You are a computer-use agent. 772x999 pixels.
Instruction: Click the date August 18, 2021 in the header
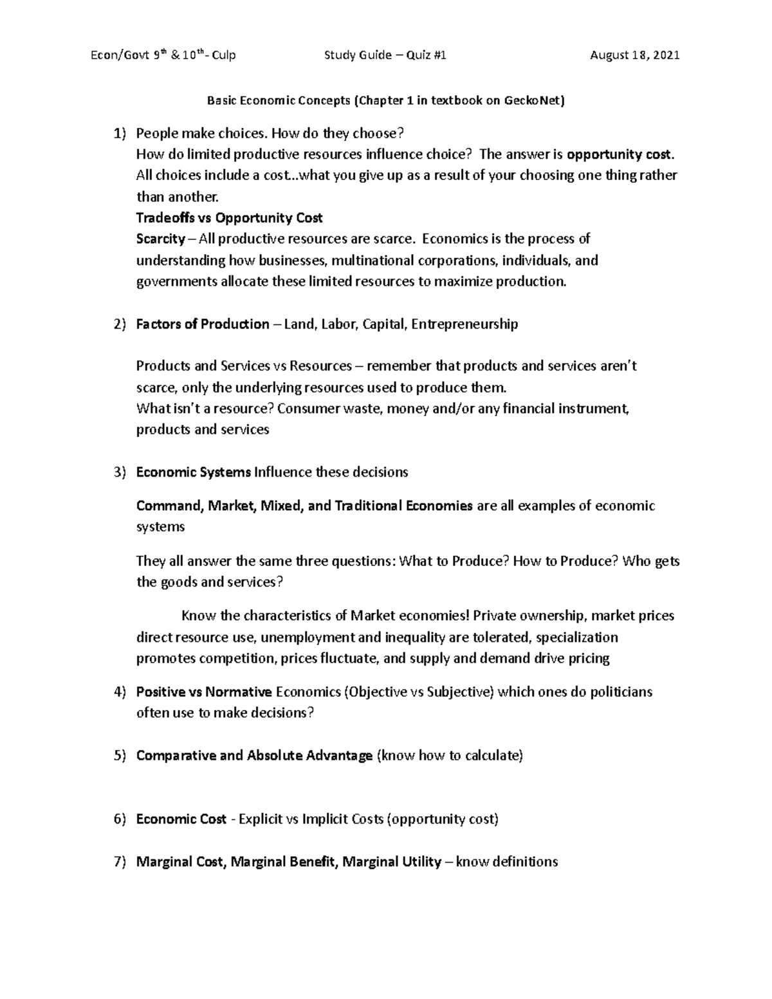coord(634,55)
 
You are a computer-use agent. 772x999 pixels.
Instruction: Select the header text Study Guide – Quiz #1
coord(385,55)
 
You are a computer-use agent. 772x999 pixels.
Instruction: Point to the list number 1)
coord(119,134)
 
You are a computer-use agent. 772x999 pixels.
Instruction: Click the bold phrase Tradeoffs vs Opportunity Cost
coord(229,218)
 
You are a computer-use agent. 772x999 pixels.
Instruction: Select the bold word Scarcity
coord(160,239)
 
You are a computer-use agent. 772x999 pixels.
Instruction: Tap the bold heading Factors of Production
coord(203,324)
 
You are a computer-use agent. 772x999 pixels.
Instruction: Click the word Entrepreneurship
coord(464,324)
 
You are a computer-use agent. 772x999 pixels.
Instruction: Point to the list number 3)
coord(119,473)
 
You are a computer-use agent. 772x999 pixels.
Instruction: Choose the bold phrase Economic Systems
coord(193,473)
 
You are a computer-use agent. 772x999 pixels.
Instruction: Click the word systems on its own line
coord(160,527)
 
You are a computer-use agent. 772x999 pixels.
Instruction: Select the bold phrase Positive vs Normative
coord(204,692)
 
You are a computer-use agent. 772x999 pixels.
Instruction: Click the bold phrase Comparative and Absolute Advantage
coord(254,756)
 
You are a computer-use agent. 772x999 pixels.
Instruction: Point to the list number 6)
coord(119,820)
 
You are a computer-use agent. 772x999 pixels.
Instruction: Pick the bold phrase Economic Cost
coord(181,820)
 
